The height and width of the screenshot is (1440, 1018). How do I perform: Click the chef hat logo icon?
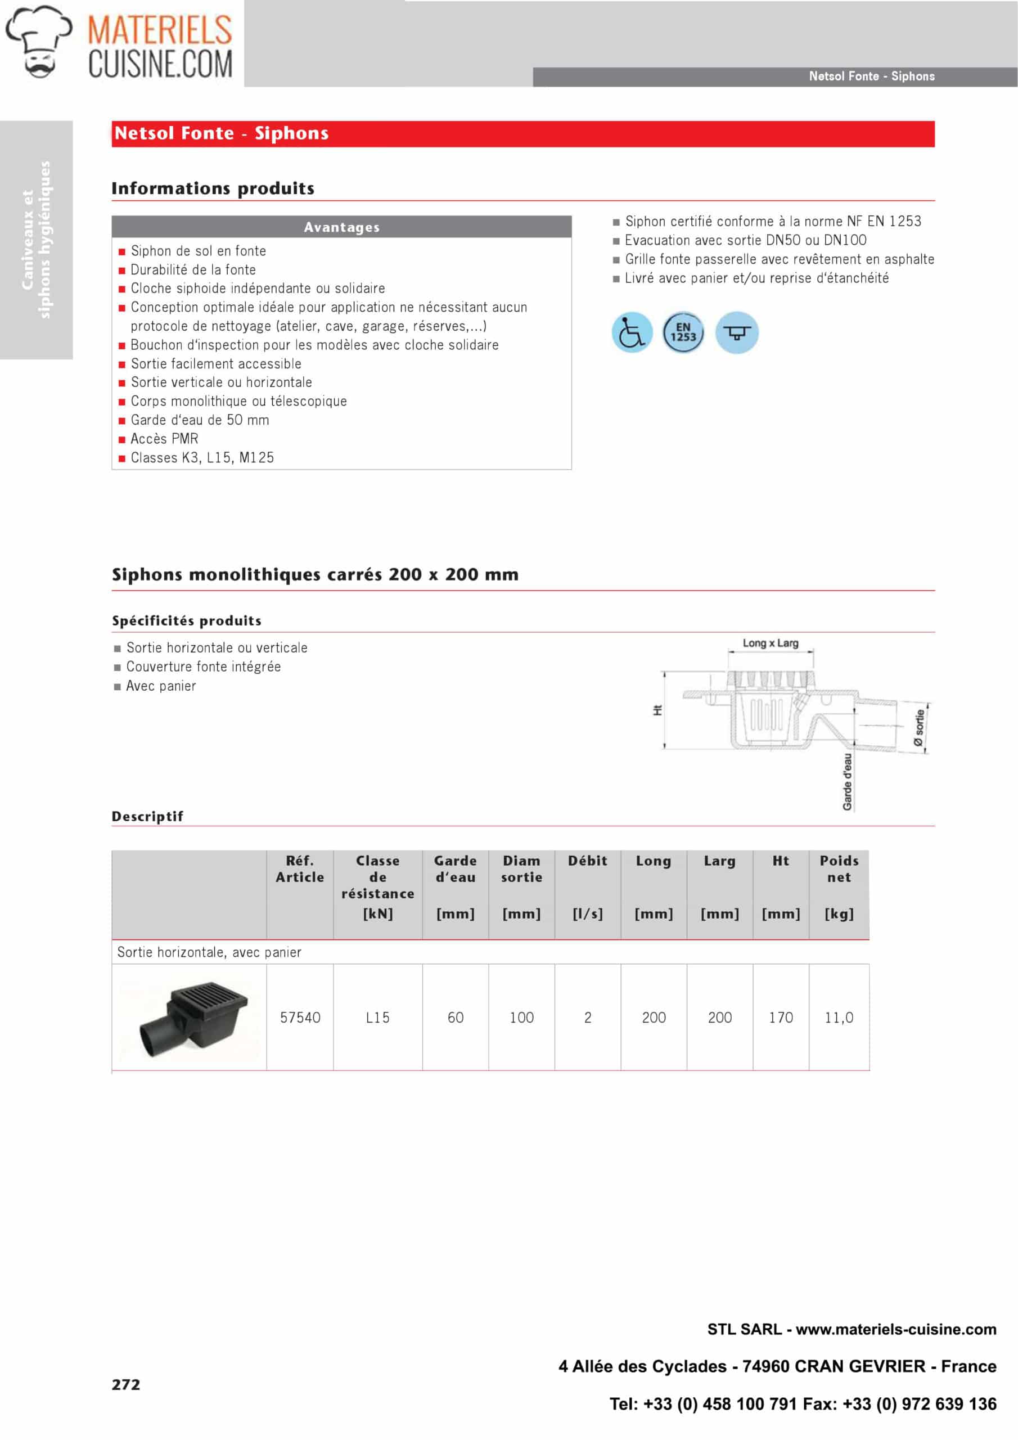click(x=39, y=42)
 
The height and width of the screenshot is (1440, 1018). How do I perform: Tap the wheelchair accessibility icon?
click(x=631, y=332)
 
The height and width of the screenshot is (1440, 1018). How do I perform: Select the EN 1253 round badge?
click(x=683, y=332)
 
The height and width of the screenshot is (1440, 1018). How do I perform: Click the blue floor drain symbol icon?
click(x=736, y=332)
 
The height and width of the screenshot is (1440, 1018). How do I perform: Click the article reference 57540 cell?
click(x=300, y=1018)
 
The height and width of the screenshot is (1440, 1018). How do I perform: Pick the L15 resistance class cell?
click(x=377, y=1018)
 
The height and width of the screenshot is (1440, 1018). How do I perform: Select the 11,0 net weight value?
click(x=839, y=1018)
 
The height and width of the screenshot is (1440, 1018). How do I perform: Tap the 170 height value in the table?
click(x=780, y=1018)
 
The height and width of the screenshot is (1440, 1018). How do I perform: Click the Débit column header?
click(x=587, y=861)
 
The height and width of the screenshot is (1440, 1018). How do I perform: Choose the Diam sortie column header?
click(x=521, y=869)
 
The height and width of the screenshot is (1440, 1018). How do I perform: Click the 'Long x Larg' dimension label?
click(x=770, y=643)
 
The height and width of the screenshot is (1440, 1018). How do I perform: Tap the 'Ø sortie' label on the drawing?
click(x=919, y=727)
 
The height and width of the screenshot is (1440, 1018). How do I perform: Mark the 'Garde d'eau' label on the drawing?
click(x=848, y=782)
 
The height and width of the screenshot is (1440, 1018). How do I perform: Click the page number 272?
click(x=126, y=1385)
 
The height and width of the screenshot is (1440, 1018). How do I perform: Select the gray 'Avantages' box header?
click(x=341, y=227)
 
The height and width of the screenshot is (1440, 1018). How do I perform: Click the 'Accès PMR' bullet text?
click(x=164, y=439)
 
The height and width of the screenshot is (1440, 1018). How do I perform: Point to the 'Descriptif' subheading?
click(x=147, y=817)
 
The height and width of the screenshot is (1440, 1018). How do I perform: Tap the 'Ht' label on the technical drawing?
click(x=657, y=710)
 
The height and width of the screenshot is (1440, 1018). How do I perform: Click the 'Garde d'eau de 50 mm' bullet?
click(x=200, y=420)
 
